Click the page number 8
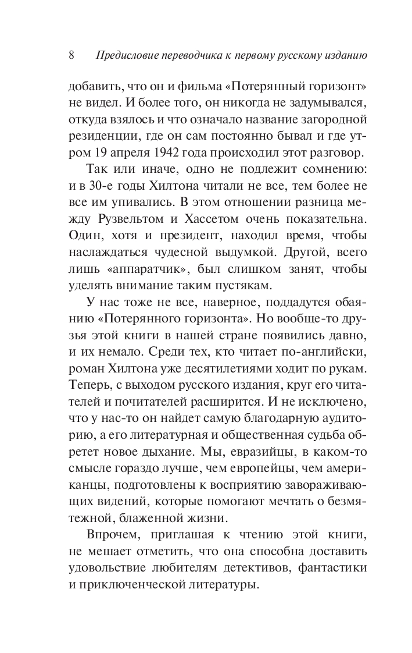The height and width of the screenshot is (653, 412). tap(71, 56)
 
